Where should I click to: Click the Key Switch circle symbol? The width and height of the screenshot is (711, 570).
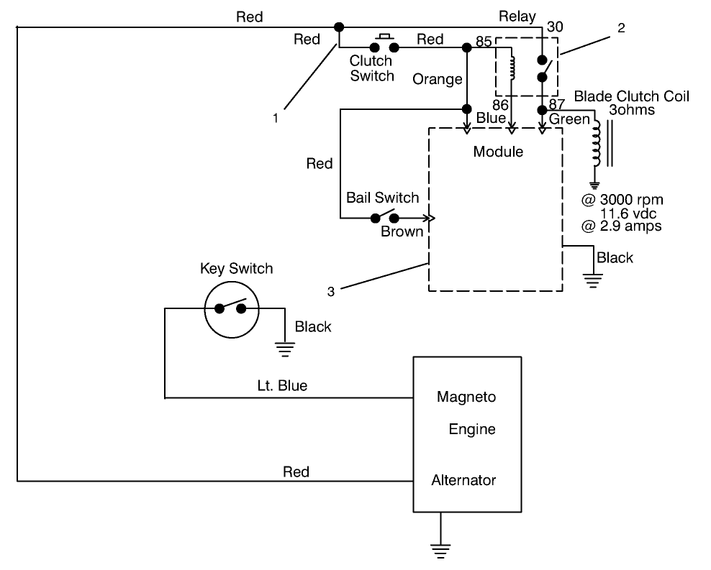click(230, 308)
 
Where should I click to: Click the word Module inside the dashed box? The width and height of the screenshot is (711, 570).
click(497, 152)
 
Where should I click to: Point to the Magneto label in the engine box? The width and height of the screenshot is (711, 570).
click(466, 397)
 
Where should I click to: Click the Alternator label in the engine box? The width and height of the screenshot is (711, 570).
click(463, 479)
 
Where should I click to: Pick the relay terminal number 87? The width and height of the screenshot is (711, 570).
click(557, 104)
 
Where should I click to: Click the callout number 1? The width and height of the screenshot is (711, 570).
click(275, 119)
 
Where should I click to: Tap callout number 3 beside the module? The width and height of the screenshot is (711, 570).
click(330, 291)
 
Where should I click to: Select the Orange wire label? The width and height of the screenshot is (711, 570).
click(438, 79)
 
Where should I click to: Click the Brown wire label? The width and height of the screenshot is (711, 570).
click(402, 231)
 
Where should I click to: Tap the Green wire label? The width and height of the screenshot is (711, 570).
click(569, 119)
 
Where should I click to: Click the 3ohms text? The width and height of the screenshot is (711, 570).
click(631, 111)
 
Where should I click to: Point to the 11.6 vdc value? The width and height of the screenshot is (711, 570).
click(630, 213)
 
